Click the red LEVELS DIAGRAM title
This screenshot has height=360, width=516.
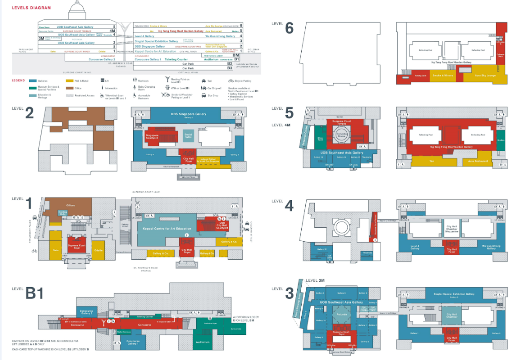(x=31, y=8)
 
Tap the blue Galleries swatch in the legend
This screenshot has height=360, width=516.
(x=33, y=81)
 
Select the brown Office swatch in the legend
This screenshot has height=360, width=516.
(x=70, y=88)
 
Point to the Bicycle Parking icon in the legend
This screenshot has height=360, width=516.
(x=231, y=81)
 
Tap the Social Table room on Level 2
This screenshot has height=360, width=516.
(x=188, y=135)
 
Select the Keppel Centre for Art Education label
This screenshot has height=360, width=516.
(x=167, y=229)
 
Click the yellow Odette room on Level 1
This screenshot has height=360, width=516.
(x=98, y=250)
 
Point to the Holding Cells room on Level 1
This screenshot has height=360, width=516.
(x=63, y=213)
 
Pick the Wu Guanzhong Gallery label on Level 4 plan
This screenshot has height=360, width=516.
(x=490, y=246)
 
